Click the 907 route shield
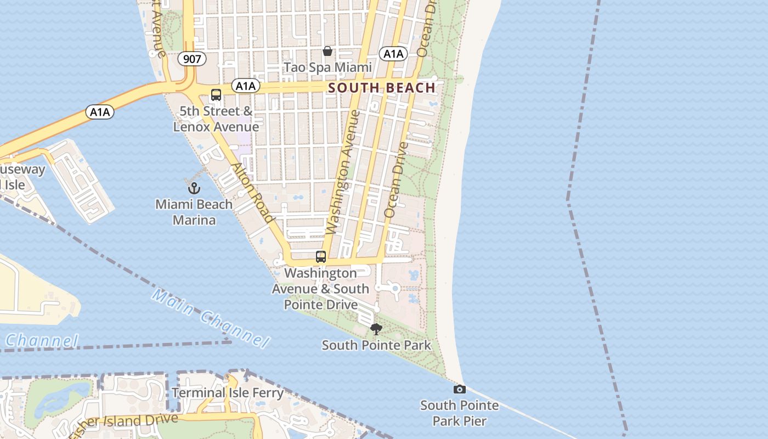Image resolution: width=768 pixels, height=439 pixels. pyautogui.click(x=192, y=59)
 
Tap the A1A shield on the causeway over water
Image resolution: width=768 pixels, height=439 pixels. pyautogui.click(x=100, y=112)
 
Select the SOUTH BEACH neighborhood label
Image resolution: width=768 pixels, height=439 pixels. pyautogui.click(x=382, y=88)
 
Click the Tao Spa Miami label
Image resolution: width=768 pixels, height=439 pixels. pyautogui.click(x=327, y=67)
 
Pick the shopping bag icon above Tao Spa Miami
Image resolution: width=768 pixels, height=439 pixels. pyautogui.click(x=327, y=51)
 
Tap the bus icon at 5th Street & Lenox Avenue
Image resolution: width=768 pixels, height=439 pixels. pyautogui.click(x=216, y=95)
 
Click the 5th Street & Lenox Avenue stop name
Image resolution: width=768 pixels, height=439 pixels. pyautogui.click(x=216, y=119)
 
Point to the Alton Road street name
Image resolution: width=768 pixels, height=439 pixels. pyautogui.click(x=252, y=193)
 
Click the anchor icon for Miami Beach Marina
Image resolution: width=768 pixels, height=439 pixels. pyautogui.click(x=194, y=188)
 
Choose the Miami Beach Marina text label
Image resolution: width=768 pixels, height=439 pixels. pyautogui.click(x=194, y=212)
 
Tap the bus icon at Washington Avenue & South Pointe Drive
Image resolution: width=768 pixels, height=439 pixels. pyautogui.click(x=321, y=257)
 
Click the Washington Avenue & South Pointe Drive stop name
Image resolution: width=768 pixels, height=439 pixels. pyautogui.click(x=321, y=289)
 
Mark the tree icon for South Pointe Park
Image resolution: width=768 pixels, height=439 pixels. pyautogui.click(x=376, y=329)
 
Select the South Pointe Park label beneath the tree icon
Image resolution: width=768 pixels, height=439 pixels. pyautogui.click(x=376, y=346)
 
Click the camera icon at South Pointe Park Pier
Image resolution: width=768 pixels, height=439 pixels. pyautogui.click(x=460, y=390)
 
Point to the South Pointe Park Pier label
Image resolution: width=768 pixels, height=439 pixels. pyautogui.click(x=460, y=413)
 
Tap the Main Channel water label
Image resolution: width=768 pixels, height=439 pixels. pyautogui.click(x=211, y=318)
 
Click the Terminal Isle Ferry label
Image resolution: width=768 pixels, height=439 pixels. pyautogui.click(x=228, y=393)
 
